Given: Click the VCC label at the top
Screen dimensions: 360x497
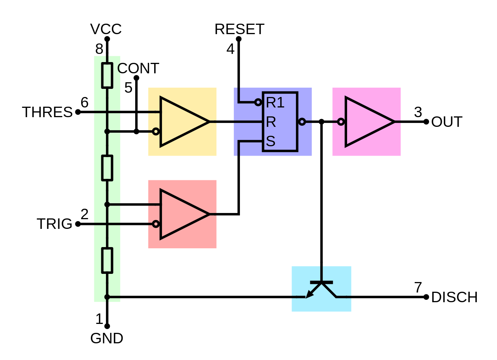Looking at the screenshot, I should coord(106,29).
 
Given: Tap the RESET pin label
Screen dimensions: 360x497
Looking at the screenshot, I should coord(239,29).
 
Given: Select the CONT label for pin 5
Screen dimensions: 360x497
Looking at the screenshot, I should coord(138,68).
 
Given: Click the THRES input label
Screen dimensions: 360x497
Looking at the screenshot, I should coord(47,112).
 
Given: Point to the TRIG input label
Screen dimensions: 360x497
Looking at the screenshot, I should coord(54,224).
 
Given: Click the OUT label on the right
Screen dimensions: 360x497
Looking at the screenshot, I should coord(447,122).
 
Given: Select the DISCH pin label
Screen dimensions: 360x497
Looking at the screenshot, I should coord(454,298).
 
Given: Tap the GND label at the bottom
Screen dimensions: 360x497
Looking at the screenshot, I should coord(107,339).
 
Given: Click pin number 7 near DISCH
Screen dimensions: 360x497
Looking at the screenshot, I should coord(418,288).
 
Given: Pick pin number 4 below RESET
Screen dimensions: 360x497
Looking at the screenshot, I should coord(230,49).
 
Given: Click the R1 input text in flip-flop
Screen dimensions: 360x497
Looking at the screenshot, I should coord(275,103).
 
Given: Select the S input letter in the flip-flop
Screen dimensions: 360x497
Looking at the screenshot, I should coord(271,141).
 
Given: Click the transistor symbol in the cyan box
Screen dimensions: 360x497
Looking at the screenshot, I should coord(321,289).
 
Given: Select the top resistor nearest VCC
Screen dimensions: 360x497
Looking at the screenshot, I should coord(107,75).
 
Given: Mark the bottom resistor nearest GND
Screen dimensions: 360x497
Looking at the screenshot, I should coord(107,260).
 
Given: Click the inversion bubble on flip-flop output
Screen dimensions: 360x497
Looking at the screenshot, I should coord(302,122).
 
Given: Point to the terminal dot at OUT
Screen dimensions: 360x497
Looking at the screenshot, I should coord(426,122).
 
